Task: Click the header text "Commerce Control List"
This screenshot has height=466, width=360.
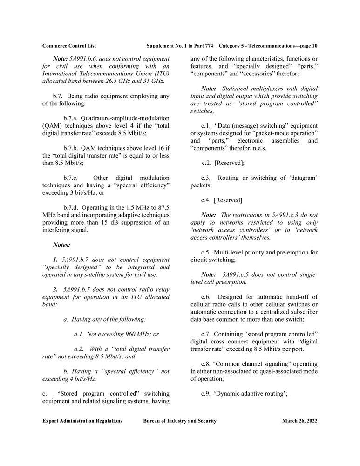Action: click(69, 46)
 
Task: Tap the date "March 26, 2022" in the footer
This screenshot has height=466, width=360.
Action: click(299, 421)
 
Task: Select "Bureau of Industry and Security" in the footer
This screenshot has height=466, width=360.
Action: click(180, 421)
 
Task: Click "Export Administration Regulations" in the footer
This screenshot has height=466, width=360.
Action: click(82, 421)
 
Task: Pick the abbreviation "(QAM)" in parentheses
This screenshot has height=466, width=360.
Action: click(51, 126)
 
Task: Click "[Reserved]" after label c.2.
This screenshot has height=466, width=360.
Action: click(229, 163)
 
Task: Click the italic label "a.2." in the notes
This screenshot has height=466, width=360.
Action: click(80, 349)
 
